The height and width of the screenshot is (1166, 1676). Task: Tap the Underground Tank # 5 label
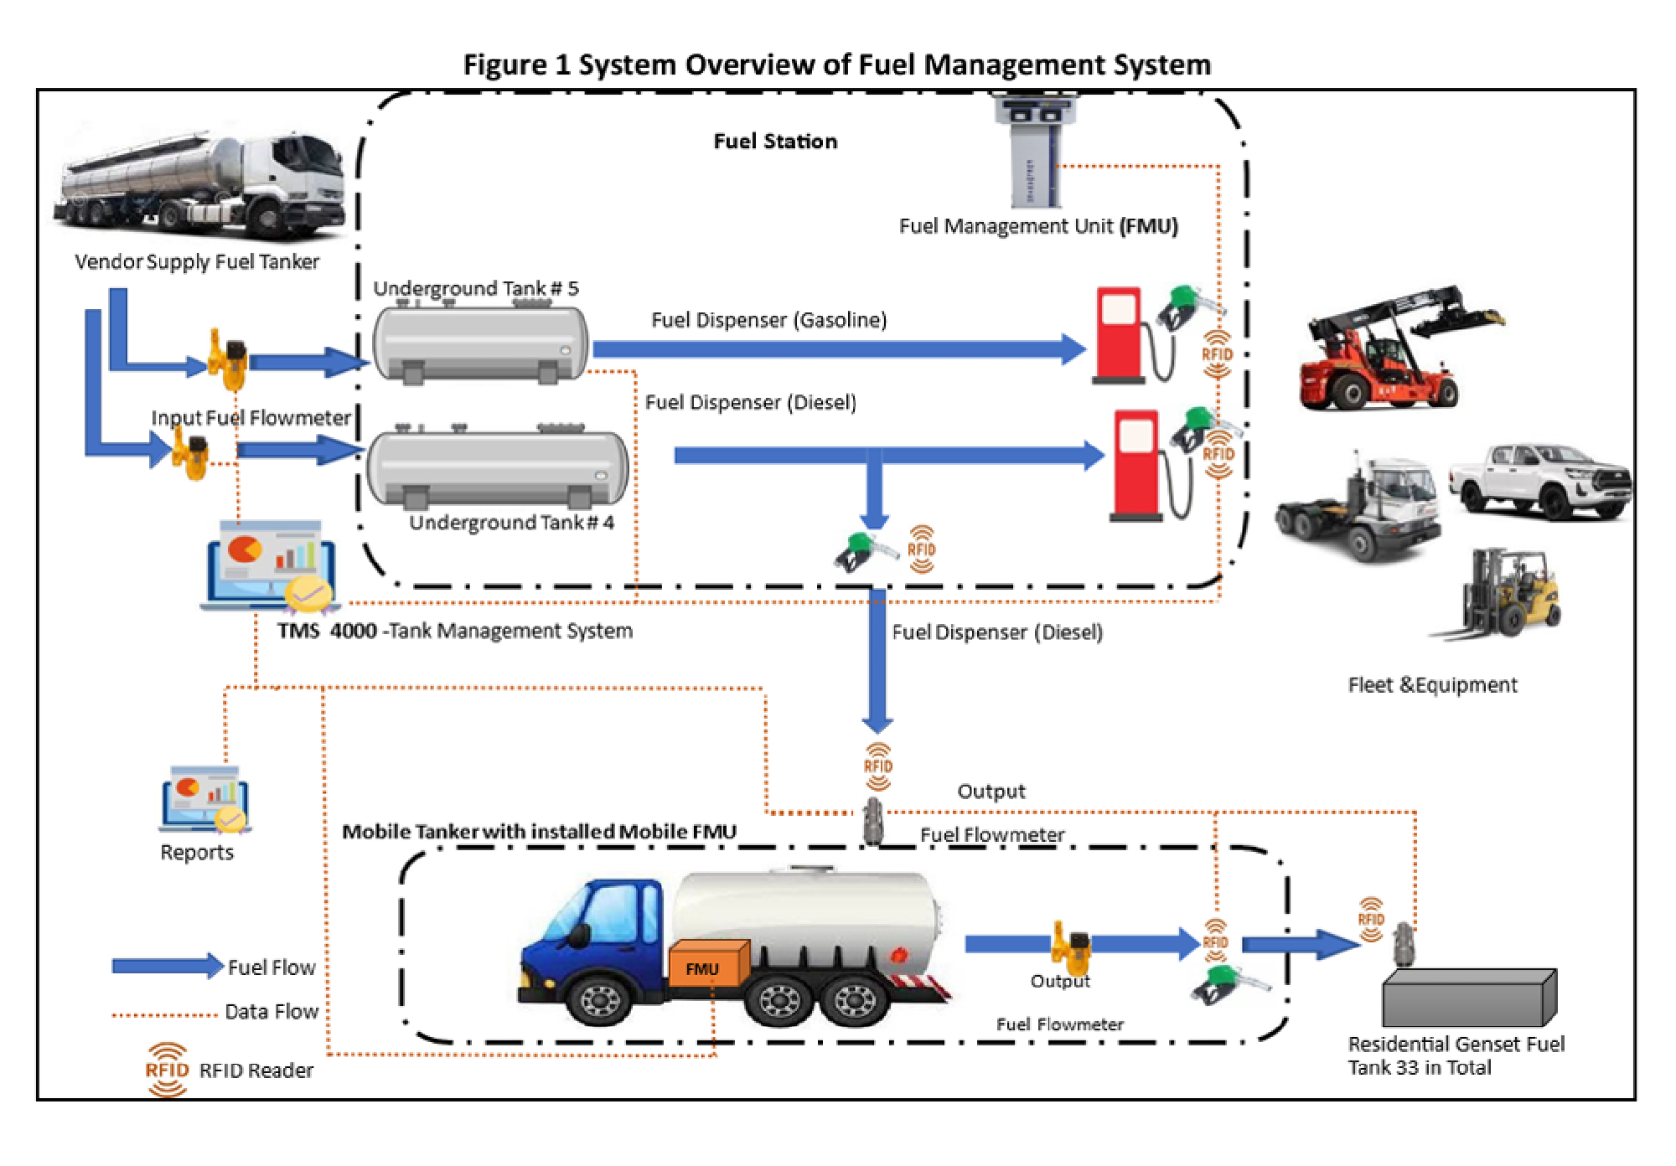[475, 289]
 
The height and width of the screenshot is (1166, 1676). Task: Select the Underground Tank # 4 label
[511, 523]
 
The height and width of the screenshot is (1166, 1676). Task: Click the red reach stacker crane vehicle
[1391, 352]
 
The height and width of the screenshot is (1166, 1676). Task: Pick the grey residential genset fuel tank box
[1468, 998]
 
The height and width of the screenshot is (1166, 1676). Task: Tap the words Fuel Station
[775, 142]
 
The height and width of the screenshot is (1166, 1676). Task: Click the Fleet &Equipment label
[1432, 685]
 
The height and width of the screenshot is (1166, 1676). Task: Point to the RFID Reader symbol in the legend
[167, 1071]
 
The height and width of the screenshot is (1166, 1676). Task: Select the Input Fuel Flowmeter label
[251, 418]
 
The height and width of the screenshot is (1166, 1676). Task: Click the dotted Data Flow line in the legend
[164, 1015]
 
